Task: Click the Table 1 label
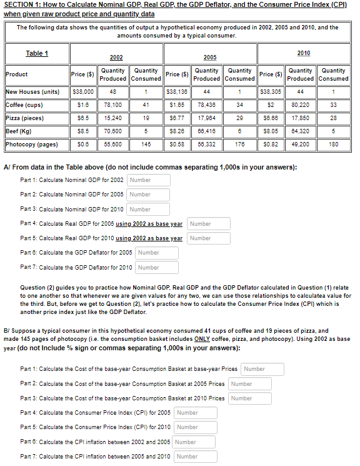[x=36, y=53]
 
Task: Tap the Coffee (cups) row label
[x=24, y=104]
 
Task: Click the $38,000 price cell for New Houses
[x=83, y=91]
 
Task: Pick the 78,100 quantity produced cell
[x=112, y=104]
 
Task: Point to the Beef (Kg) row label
[x=19, y=131]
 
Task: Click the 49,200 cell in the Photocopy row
[x=301, y=144]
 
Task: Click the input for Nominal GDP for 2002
[x=148, y=181]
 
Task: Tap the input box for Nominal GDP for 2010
[x=148, y=209]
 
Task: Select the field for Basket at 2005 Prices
[x=250, y=383]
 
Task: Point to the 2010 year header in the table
[x=304, y=53]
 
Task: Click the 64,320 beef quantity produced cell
[x=301, y=131]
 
